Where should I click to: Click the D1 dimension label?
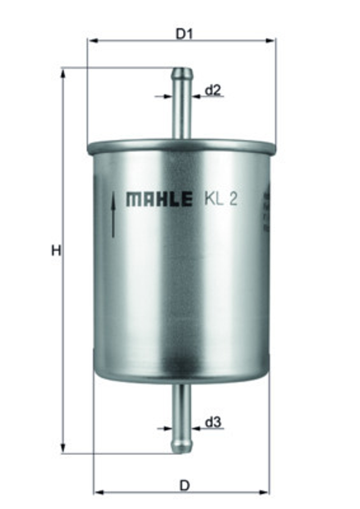pos(184,34)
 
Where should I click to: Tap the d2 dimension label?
pos(212,90)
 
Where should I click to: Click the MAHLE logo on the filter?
pos(159,199)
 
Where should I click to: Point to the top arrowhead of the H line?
pos(63,73)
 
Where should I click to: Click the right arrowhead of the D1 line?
pos(271,41)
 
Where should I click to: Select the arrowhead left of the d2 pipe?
pos(168,97)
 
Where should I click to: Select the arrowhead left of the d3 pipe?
pos(167,428)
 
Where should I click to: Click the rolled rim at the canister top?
pos(182,147)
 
